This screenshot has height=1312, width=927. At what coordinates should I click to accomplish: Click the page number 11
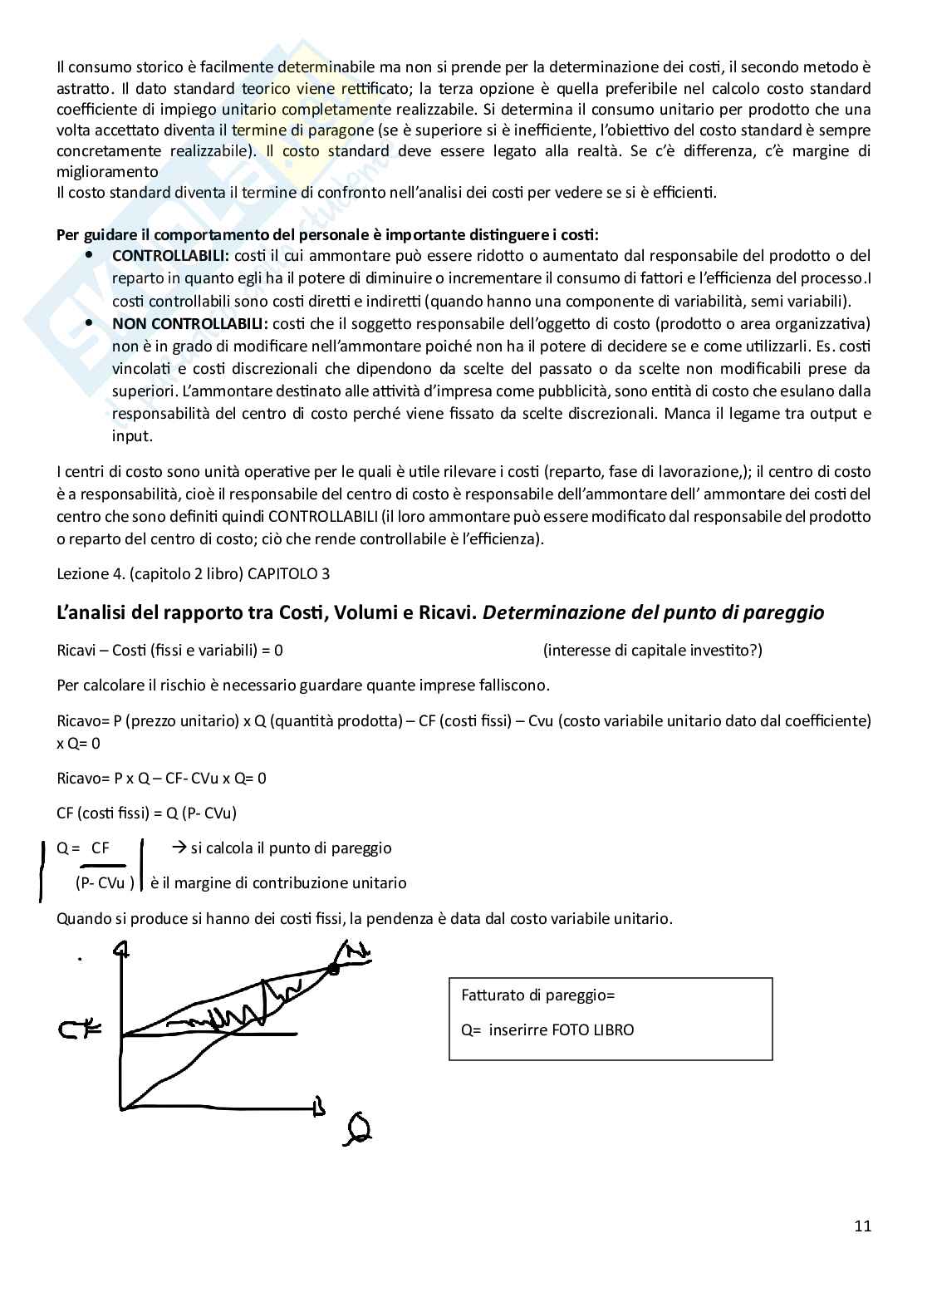[x=862, y=1226]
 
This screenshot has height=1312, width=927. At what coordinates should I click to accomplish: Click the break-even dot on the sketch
[x=334, y=969]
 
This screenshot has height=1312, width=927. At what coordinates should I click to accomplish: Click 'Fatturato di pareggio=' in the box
[x=537, y=995]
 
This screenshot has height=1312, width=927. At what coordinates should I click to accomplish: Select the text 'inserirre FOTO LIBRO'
[x=562, y=1029]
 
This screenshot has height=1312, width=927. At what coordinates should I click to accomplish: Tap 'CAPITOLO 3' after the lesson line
[x=287, y=573]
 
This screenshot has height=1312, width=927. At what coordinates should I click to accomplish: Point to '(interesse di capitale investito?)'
[x=652, y=650]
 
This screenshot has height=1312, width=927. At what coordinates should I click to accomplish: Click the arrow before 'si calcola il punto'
[x=178, y=848]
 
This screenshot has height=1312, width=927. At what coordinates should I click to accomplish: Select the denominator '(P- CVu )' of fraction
[x=105, y=882]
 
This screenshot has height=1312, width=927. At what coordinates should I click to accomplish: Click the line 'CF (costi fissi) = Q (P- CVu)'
[x=146, y=813]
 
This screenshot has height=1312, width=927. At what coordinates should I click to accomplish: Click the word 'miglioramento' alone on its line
[x=107, y=172]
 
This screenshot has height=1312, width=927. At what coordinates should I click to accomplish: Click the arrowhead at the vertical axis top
[x=125, y=948]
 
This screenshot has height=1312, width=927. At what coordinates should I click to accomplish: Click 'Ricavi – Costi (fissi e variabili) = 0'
[x=169, y=650]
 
